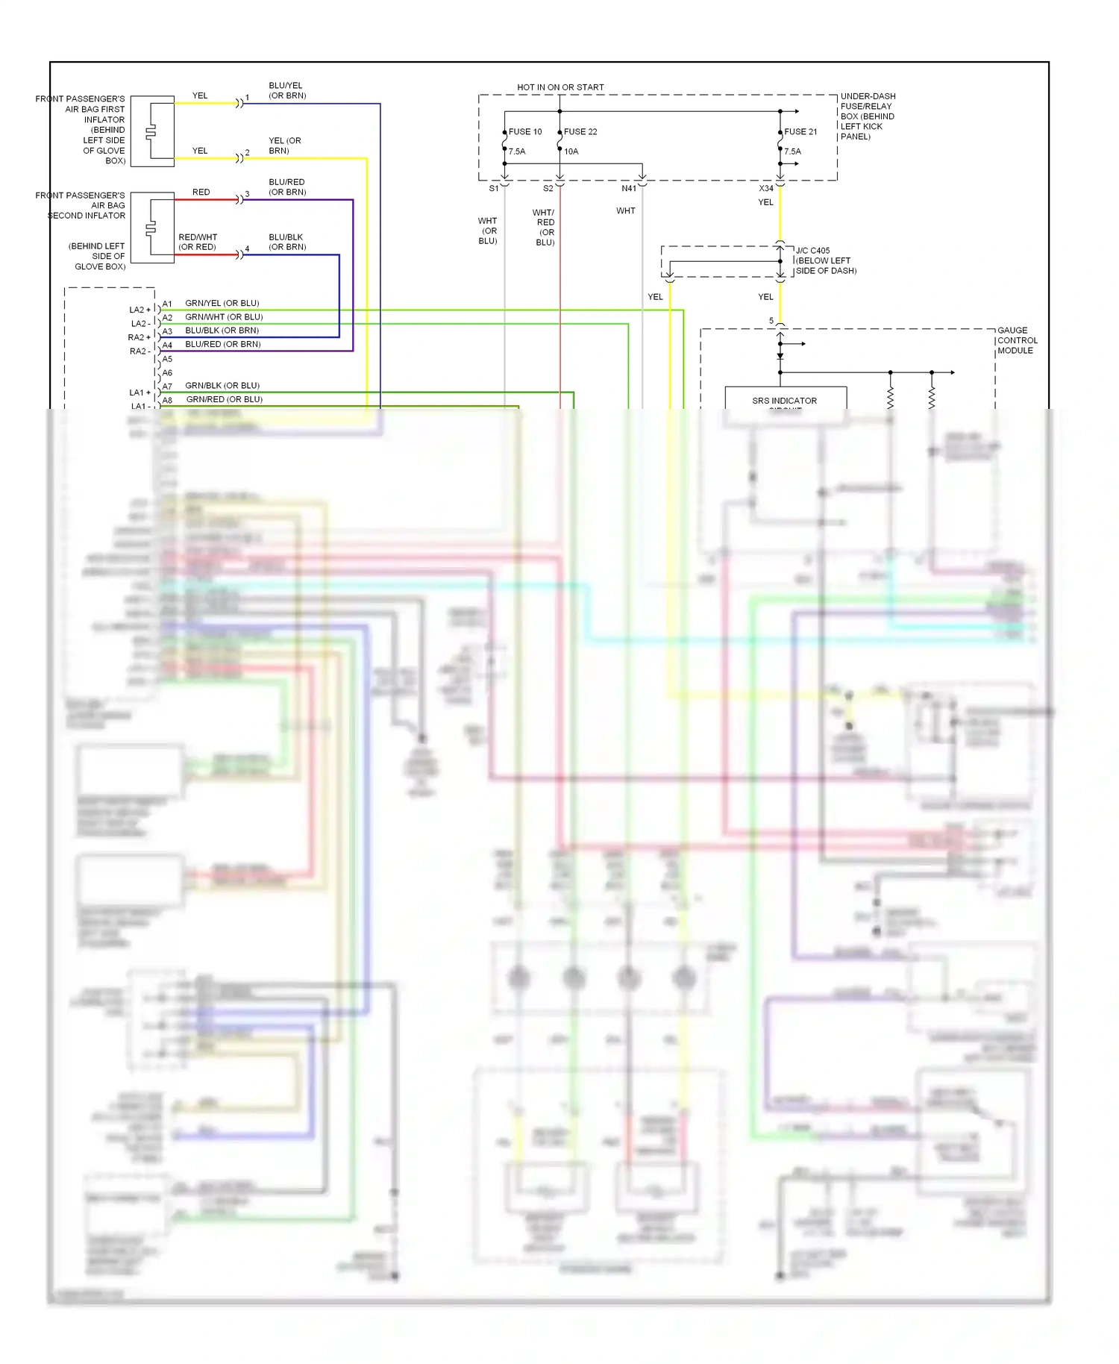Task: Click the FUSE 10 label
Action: point(525,132)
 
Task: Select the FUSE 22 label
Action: point(580,132)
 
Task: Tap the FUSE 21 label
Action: point(800,132)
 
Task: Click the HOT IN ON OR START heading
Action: point(560,87)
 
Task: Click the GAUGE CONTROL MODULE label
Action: point(1017,340)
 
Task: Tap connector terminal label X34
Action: point(766,189)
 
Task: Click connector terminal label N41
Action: point(629,189)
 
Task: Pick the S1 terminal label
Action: point(494,189)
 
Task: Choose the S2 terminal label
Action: point(548,189)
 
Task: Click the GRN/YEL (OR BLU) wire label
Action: point(222,304)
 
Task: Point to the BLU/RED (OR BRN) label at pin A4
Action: point(223,345)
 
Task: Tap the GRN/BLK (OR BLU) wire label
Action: point(222,386)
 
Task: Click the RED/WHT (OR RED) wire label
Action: point(198,242)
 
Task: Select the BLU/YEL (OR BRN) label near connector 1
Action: point(287,90)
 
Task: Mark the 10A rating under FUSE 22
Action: point(571,151)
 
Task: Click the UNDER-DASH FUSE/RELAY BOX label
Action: point(868,116)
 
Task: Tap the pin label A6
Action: point(167,373)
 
